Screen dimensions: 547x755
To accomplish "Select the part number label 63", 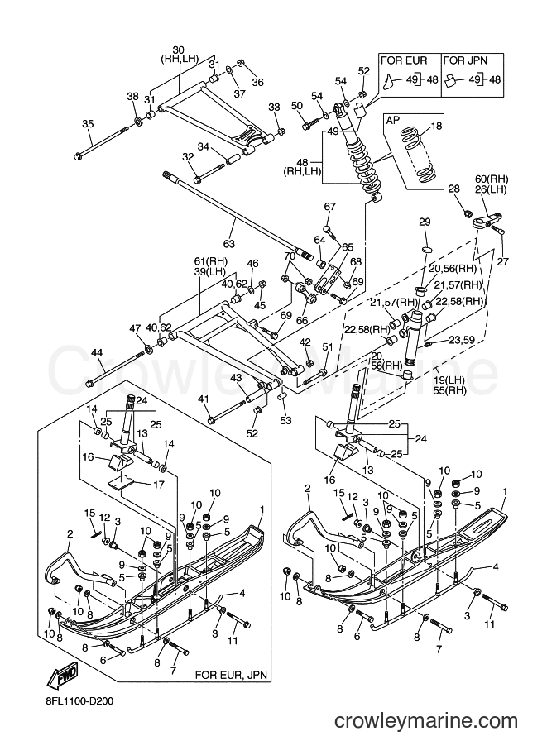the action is [x=229, y=244].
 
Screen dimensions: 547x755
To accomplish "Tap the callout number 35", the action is [x=88, y=124].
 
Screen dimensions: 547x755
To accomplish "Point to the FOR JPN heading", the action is [x=465, y=60].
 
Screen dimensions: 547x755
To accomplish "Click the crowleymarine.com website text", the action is [x=426, y=721].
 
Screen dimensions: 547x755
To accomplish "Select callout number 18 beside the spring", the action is [x=436, y=127].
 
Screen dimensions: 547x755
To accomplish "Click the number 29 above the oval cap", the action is [x=424, y=222].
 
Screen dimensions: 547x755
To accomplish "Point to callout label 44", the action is [x=97, y=353].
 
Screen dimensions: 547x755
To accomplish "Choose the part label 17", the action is [x=159, y=485].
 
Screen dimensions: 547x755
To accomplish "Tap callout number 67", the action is [x=329, y=207].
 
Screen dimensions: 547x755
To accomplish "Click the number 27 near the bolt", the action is [x=503, y=262].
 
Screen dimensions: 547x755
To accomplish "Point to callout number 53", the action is [x=285, y=421].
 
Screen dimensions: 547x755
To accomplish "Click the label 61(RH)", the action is [x=210, y=261].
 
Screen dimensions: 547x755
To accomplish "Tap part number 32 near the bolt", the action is [x=188, y=157].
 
